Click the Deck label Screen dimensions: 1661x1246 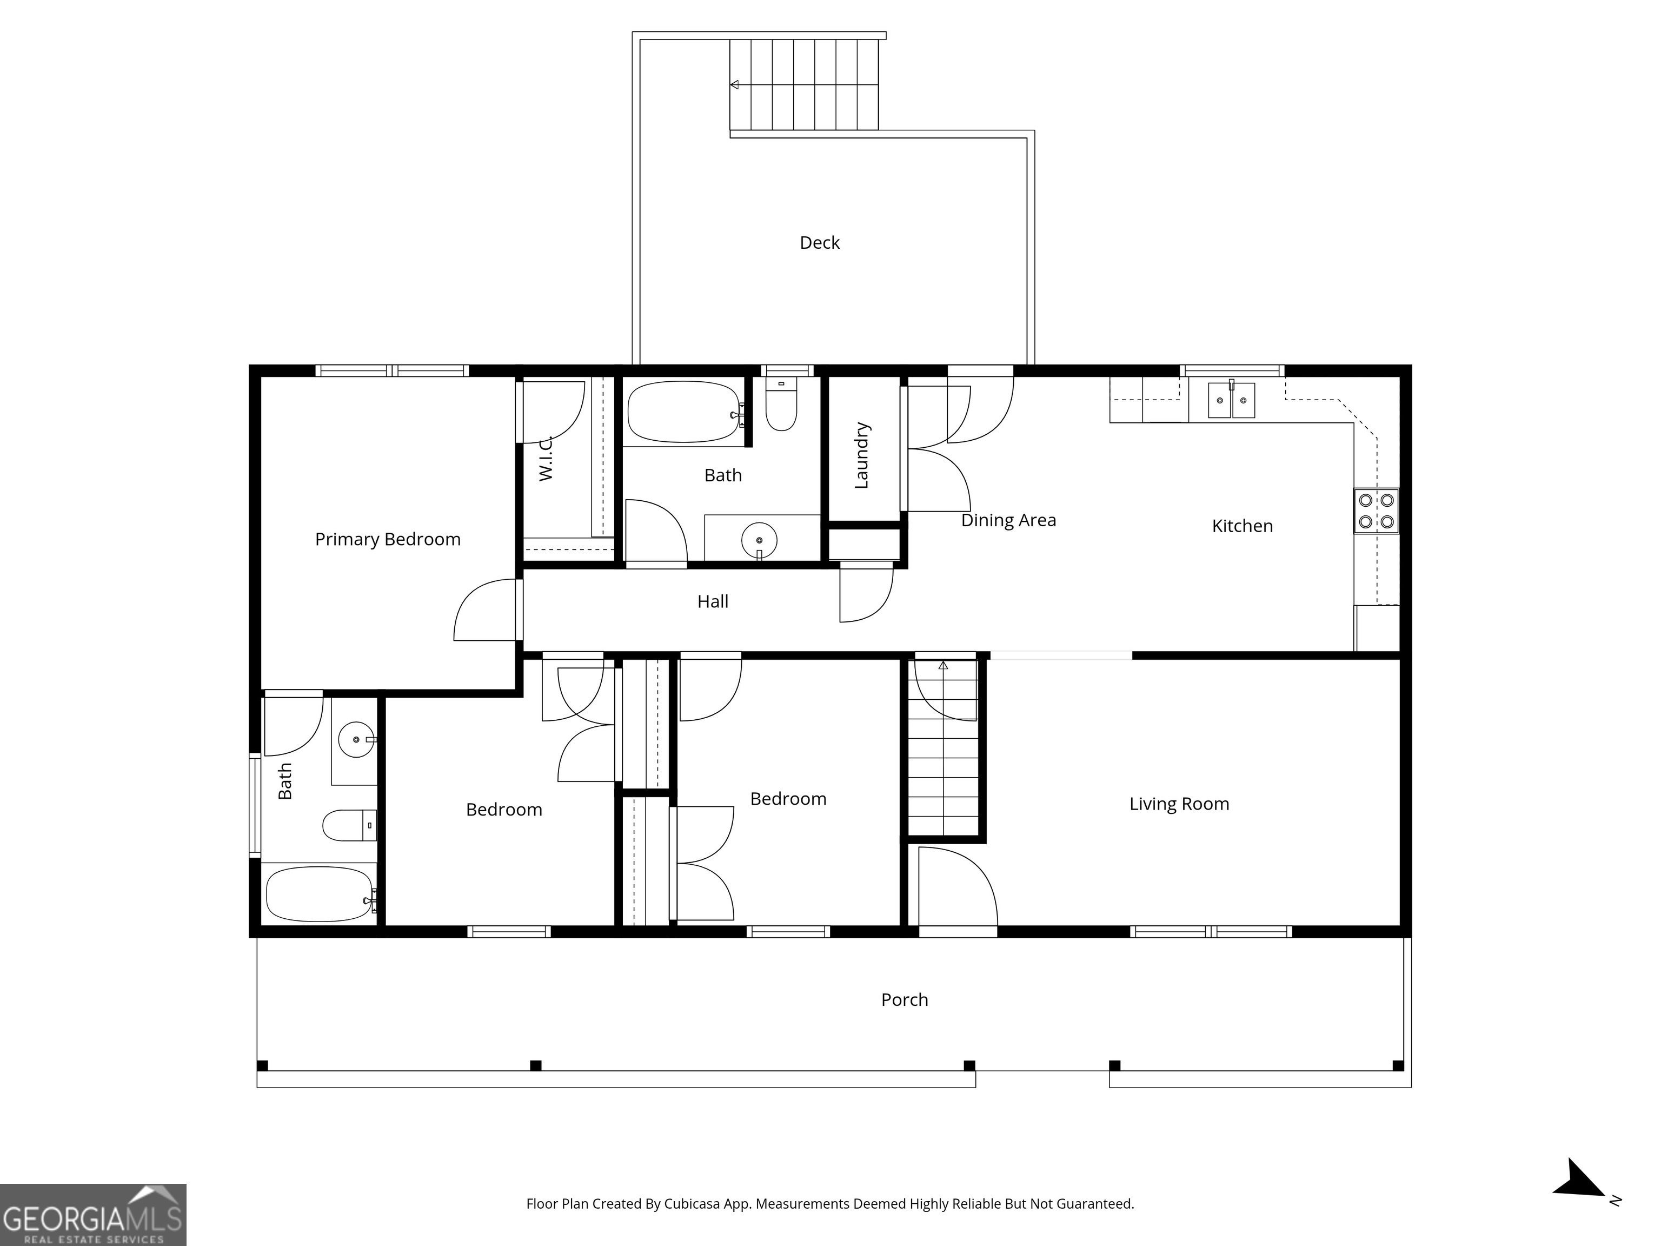tap(819, 243)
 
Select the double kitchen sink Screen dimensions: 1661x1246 tap(1232, 400)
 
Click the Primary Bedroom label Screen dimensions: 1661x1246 tap(388, 539)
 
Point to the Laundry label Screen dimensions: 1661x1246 tap(862, 455)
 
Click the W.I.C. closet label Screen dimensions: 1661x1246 tap(546, 458)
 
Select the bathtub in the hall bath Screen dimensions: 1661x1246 tap(685, 412)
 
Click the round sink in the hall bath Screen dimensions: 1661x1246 tap(759, 540)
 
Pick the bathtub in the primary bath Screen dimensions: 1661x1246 tap(321, 894)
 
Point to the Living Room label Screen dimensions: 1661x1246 tap(1179, 804)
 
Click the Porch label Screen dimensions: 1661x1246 tap(904, 999)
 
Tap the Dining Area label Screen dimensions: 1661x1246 tap(1008, 520)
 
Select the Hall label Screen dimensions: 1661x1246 tap(713, 601)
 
